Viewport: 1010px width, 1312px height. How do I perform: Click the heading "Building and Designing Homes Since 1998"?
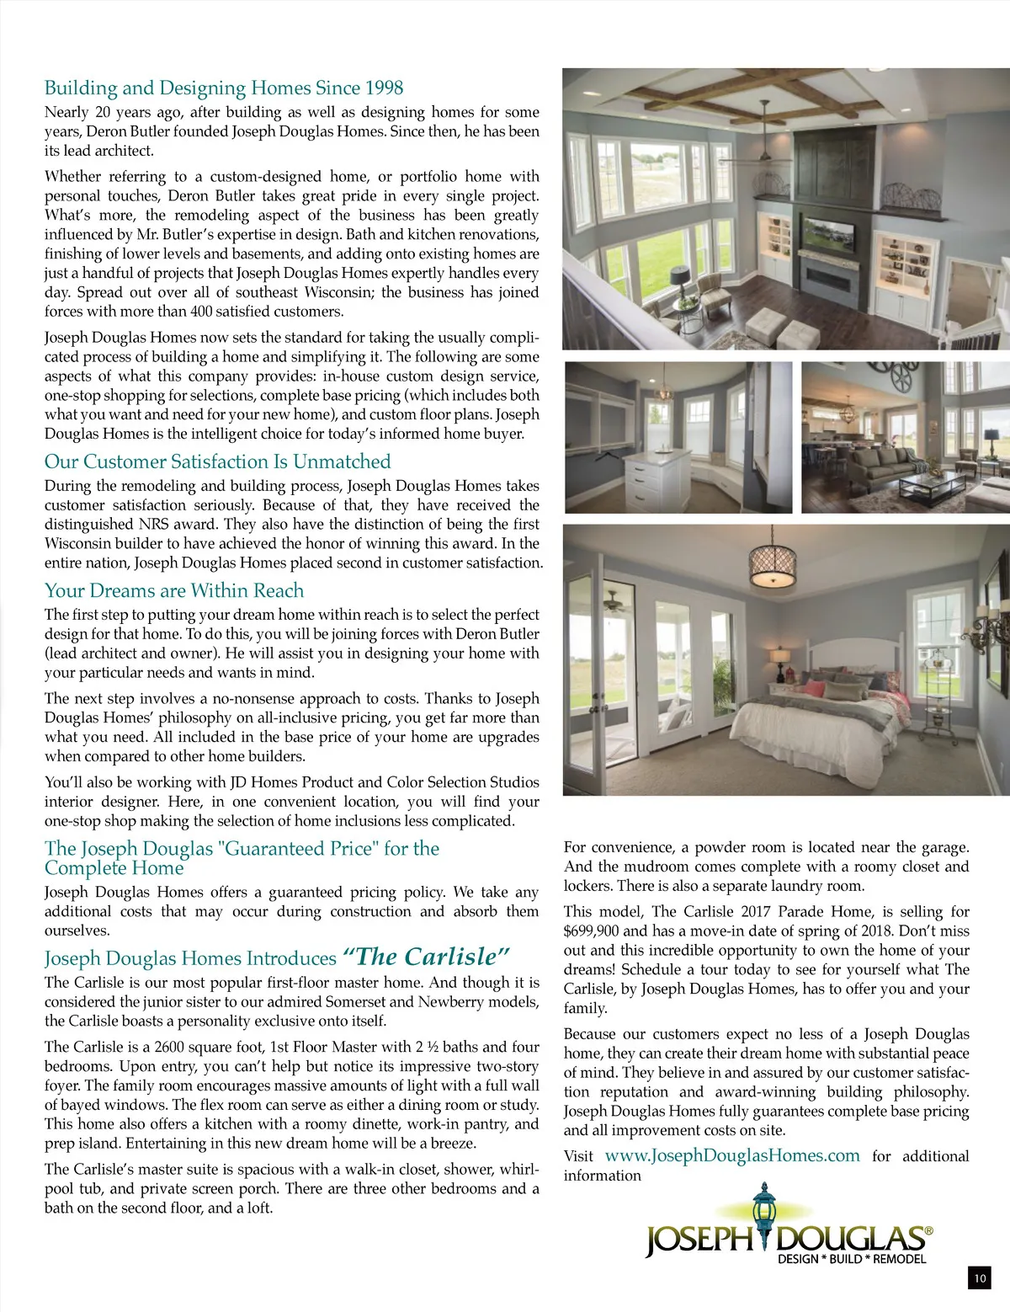click(224, 88)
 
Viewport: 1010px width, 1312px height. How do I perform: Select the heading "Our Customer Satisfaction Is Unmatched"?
click(217, 461)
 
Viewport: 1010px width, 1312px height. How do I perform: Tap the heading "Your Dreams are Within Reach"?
click(174, 590)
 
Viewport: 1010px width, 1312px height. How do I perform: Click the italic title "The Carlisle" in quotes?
click(427, 957)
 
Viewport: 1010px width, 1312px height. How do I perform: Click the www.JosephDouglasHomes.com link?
click(732, 1155)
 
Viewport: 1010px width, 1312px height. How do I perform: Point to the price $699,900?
click(593, 931)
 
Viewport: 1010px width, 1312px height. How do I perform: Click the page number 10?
click(979, 1278)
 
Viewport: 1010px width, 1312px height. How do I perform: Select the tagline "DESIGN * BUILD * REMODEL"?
click(852, 1259)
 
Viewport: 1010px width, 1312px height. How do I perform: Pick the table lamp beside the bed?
click(779, 659)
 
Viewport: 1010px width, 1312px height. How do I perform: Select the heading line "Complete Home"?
click(114, 868)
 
